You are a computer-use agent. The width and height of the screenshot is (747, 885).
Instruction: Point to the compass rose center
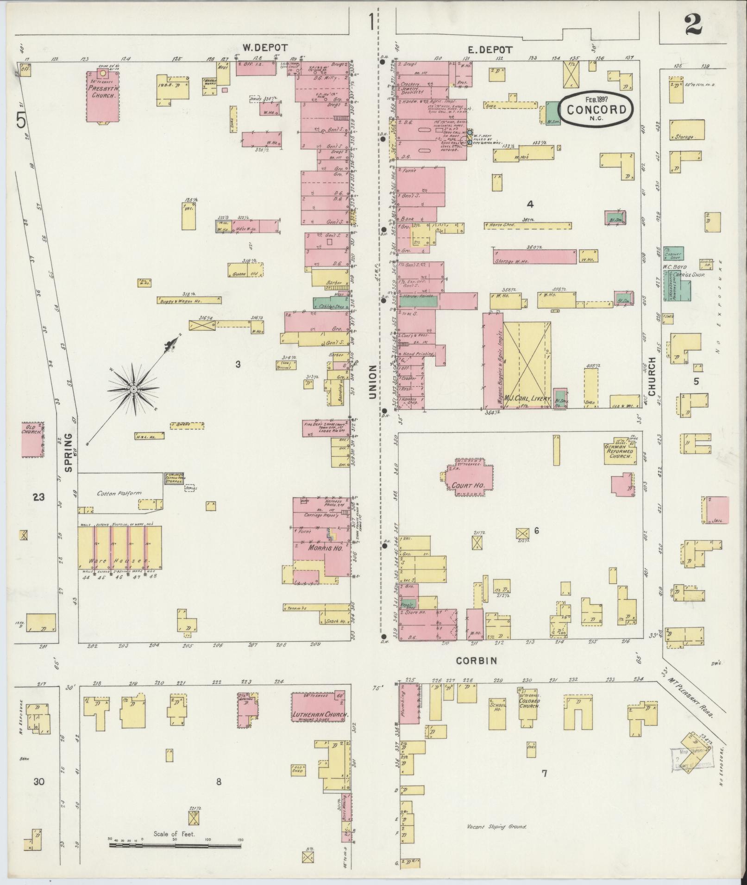pos(133,390)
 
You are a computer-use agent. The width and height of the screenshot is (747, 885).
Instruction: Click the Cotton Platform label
pos(119,493)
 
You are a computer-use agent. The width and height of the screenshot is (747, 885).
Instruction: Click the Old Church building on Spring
pos(32,439)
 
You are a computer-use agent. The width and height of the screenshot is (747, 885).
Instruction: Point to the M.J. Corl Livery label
pos(527,398)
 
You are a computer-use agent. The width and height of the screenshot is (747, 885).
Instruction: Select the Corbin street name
pos(477,661)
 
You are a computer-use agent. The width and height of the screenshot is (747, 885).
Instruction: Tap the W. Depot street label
pos(265,48)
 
